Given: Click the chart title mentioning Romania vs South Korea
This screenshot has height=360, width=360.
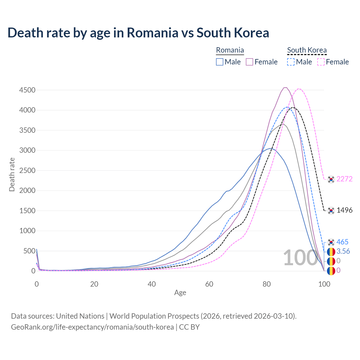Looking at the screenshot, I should (x=138, y=33).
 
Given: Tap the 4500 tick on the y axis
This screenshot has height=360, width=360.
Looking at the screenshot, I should (x=27, y=90).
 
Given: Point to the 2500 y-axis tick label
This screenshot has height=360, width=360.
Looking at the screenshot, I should (x=27, y=171).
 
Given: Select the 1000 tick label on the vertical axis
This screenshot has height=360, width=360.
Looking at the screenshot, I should (x=27, y=231).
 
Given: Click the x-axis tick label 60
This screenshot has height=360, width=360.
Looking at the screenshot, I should (x=209, y=284).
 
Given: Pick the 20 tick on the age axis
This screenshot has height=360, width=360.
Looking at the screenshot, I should (x=94, y=284).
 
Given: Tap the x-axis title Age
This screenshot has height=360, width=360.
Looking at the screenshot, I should (x=180, y=293).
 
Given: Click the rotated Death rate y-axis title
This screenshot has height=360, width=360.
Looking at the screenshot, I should (x=12, y=175).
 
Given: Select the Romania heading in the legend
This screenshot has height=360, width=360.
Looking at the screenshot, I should (x=230, y=50).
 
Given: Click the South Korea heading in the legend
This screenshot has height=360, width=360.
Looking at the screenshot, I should (x=307, y=50).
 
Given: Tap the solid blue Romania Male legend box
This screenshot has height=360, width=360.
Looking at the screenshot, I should (x=220, y=62).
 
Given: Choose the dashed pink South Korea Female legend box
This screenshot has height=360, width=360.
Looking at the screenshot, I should (x=321, y=62).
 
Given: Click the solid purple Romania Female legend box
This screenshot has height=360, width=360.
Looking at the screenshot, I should (x=249, y=62).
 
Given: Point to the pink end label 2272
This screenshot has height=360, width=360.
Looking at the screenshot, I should (x=344, y=179).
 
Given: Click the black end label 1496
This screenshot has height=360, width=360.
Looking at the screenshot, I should (x=344, y=210).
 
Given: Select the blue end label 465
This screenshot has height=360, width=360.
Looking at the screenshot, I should (x=342, y=242).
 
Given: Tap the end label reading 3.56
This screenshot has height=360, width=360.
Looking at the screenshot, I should (x=343, y=251).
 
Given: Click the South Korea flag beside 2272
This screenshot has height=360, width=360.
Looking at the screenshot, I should (x=331, y=179).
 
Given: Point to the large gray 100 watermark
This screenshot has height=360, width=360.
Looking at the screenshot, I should (x=300, y=258).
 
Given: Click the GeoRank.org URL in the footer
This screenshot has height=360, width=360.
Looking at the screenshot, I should (x=92, y=327).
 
